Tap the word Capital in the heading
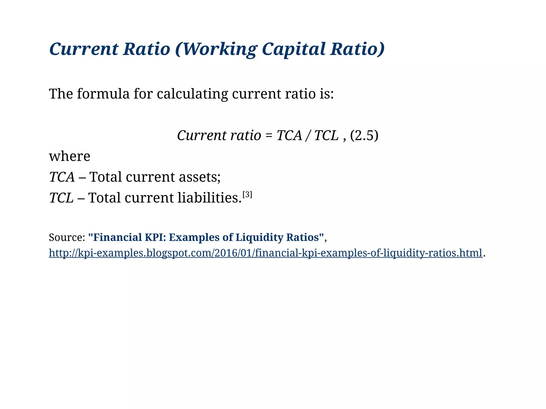pyautogui.click(x=294, y=49)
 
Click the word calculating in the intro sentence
pyautogui.click(x=192, y=94)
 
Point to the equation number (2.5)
pyautogui.click(x=364, y=135)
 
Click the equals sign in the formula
pyautogui.click(x=269, y=136)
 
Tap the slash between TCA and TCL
pyautogui.click(x=308, y=135)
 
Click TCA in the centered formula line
pyautogui.click(x=289, y=135)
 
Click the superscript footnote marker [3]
pyautogui.click(x=247, y=195)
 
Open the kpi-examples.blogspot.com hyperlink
pyautogui.click(x=266, y=253)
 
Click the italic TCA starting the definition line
pyautogui.click(x=62, y=177)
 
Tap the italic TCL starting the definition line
pyautogui.click(x=61, y=198)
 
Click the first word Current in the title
pyautogui.click(x=84, y=49)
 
